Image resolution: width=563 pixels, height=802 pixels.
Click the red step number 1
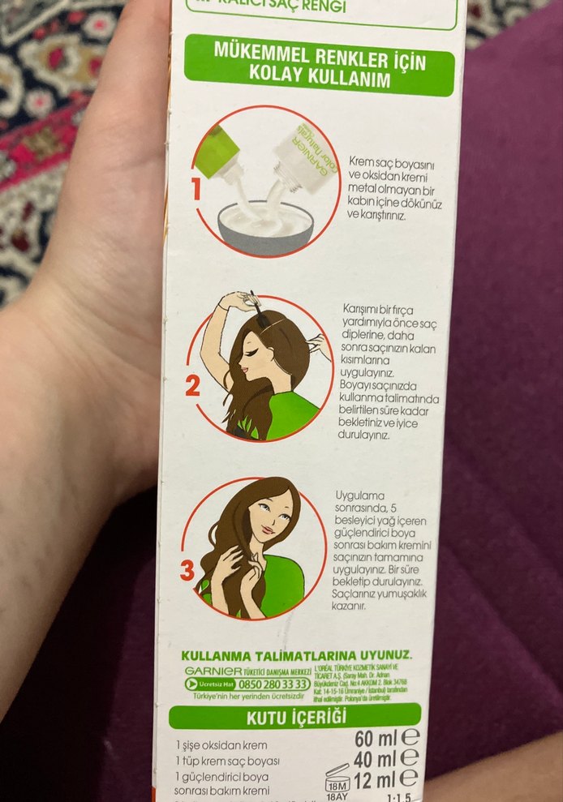pos(195,190)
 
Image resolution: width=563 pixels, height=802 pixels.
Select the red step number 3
pos(187,571)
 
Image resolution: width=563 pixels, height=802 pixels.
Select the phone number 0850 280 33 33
pos(263,684)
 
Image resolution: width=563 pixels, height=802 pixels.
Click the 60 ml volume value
pos(376,738)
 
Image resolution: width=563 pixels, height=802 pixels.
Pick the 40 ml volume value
pos(376,759)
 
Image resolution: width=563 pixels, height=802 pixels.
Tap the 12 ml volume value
pos(377,779)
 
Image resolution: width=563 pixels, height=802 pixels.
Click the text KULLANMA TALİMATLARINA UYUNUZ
pos(296,655)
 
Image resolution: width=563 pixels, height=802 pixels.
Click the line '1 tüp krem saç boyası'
pos(227,761)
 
